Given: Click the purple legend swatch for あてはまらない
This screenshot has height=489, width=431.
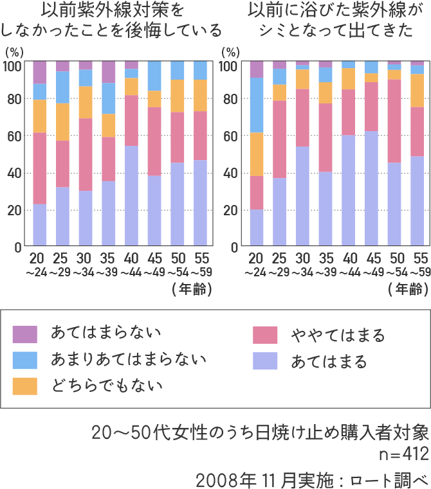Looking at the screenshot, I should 25,333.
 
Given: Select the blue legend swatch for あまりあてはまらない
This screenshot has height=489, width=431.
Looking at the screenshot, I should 25,360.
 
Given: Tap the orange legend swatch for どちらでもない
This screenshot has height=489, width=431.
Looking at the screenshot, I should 25,386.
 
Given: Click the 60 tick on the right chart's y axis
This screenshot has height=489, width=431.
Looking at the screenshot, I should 230,136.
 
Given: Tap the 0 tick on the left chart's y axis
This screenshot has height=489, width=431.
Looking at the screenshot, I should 18,247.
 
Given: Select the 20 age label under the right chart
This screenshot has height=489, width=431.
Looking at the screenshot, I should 255,259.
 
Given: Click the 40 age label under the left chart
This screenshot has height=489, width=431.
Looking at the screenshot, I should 132,259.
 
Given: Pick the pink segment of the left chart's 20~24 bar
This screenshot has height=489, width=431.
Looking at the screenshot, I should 40,168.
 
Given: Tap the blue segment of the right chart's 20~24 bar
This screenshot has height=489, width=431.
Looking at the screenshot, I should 256,105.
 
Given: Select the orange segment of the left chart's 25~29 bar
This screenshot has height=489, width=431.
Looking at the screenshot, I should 62,121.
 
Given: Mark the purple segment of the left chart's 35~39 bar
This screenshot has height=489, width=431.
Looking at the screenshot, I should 108,72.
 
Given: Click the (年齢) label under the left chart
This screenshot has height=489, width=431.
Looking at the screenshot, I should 192,289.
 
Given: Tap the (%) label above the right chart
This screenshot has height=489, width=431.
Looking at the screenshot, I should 230,51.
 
